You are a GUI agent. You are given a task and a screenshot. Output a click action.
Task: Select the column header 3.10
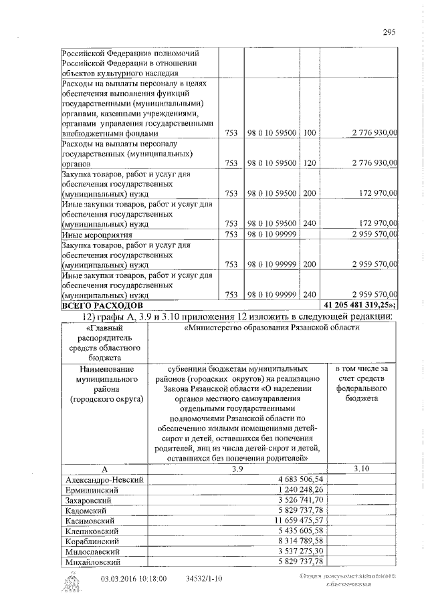[x=361, y=469]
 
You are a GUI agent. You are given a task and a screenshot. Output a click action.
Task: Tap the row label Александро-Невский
[x=103, y=479]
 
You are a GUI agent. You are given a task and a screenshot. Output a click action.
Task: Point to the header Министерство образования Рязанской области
[x=273, y=328]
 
